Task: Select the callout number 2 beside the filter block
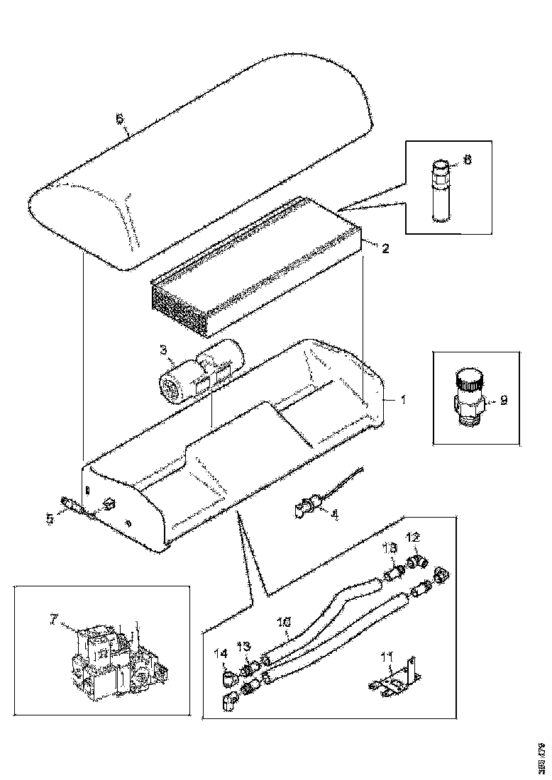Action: [x=385, y=248]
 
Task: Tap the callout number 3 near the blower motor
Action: [x=162, y=350]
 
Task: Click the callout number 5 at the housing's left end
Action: [x=50, y=518]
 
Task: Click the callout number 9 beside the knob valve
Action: [x=503, y=400]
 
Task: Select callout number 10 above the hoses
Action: [x=283, y=623]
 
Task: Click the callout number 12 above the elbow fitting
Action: [x=413, y=537]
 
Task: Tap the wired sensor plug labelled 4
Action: [x=306, y=506]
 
